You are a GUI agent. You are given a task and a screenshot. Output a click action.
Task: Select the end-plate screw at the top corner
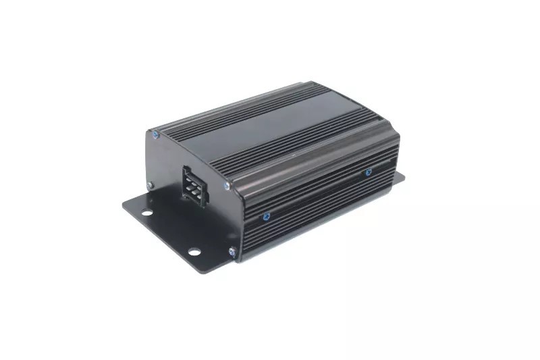[x=157, y=134]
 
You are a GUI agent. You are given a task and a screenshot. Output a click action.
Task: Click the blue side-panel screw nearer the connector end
[x=265, y=217]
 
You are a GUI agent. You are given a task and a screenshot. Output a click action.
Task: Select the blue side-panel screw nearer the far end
[x=369, y=172]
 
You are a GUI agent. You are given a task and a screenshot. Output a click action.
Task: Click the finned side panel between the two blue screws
[x=317, y=192]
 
